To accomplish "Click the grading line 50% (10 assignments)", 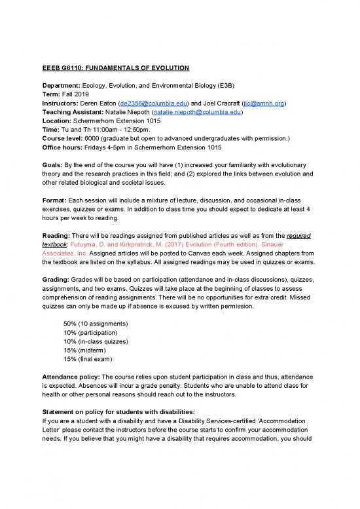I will (96, 324).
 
